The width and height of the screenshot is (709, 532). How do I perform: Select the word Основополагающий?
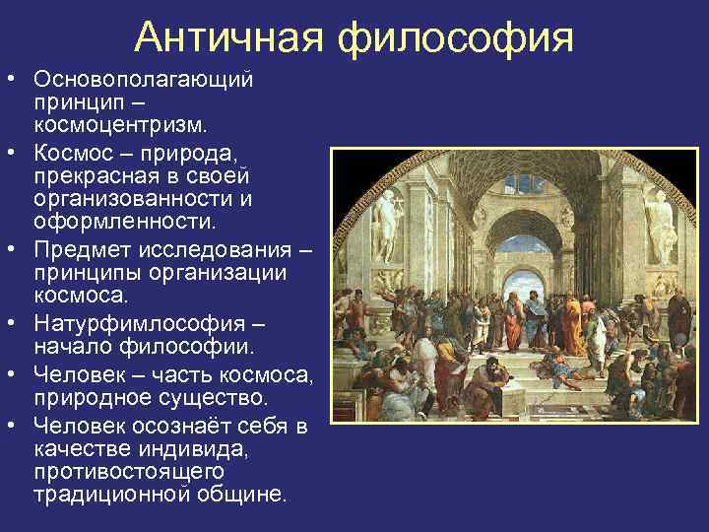tap(144, 78)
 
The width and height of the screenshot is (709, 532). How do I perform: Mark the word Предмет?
tap(81, 247)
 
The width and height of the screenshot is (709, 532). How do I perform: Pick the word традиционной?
tap(108, 496)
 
